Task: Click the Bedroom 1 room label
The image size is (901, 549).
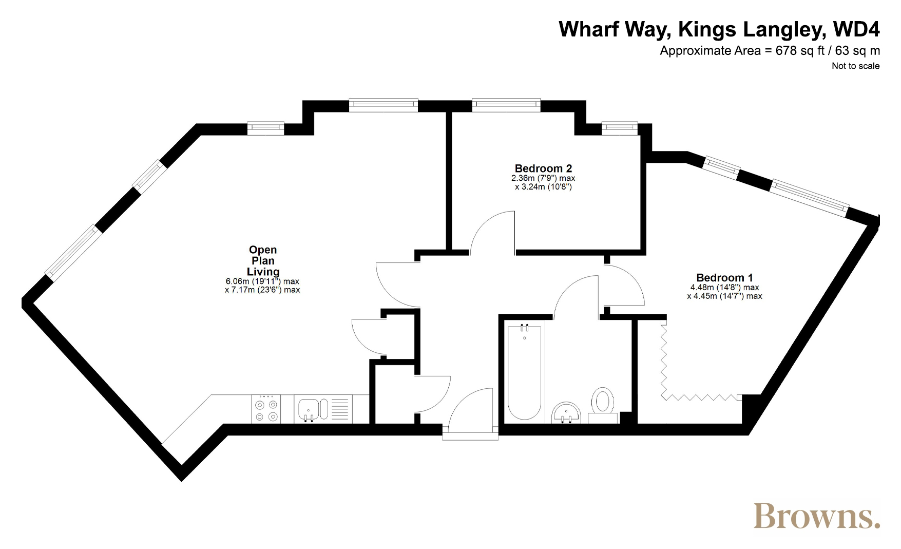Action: click(724, 278)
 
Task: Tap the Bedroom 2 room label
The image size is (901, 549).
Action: click(543, 168)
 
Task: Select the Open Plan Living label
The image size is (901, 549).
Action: click(263, 261)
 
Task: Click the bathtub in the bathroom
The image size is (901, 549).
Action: click(524, 373)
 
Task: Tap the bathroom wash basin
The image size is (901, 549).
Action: click(566, 413)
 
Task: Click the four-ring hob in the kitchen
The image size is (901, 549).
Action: click(266, 409)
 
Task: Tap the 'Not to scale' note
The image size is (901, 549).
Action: click(855, 66)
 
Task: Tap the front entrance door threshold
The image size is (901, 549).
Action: click(470, 437)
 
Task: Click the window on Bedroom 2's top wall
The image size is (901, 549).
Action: click(506, 105)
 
